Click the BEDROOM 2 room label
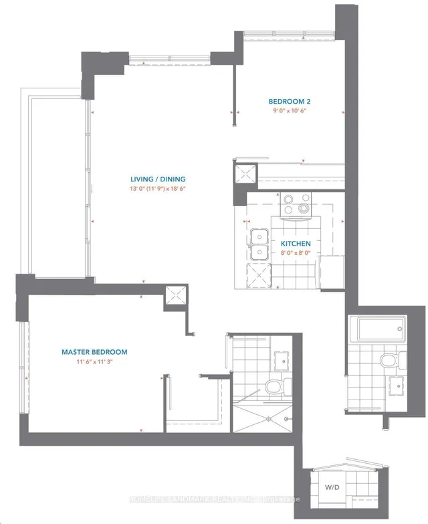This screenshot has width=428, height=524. click(290, 102)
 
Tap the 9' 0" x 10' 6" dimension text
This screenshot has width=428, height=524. click(290, 112)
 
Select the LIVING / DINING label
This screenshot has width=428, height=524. click(158, 179)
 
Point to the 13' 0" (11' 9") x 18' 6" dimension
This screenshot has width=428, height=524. click(158, 189)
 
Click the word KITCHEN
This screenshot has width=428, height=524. click(295, 244)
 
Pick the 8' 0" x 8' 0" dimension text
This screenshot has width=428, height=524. click(295, 253)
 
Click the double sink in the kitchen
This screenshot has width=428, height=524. click(258, 245)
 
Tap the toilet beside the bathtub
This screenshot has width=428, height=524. click(388, 361)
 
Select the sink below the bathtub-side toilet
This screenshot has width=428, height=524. click(395, 386)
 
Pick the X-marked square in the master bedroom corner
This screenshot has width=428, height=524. click(177, 295)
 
